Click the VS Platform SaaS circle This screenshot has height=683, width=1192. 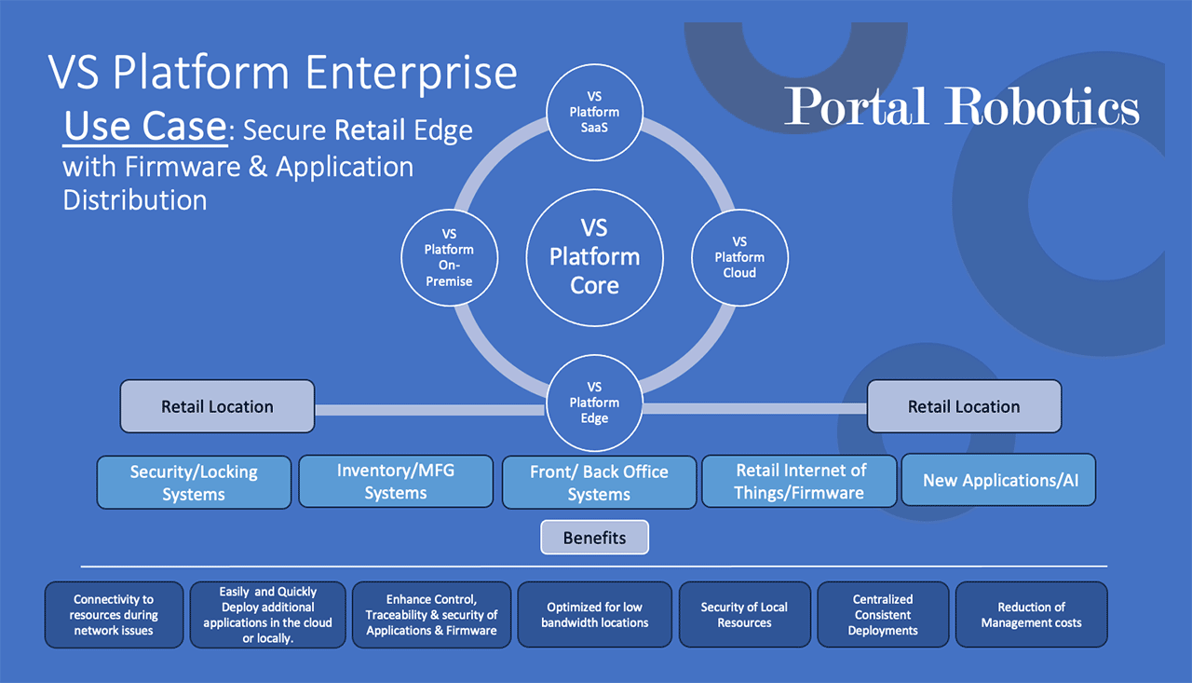[594, 113]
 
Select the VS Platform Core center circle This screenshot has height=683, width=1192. [594, 258]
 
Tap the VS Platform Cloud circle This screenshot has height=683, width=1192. [739, 258]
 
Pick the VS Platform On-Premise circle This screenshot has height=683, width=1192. [449, 258]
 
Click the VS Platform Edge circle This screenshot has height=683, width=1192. [594, 403]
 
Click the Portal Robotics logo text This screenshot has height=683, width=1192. [962, 106]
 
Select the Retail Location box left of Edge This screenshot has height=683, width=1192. [217, 406]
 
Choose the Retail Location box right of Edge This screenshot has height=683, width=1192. [964, 406]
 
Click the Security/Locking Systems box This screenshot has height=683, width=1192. [194, 483]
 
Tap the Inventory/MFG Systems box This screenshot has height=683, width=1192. [396, 481]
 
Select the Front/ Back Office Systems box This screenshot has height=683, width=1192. [599, 483]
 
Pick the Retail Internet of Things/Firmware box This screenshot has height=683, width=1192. [799, 481]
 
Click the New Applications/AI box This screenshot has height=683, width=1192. [999, 480]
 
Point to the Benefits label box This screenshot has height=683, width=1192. [594, 538]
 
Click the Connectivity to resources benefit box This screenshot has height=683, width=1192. [114, 615]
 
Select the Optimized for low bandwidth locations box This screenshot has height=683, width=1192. [594, 615]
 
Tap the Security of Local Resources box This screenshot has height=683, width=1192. [744, 615]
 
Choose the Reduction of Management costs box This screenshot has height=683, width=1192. [1031, 615]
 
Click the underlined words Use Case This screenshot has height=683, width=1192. [145, 127]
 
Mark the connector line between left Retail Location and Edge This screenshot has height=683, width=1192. [430, 410]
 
